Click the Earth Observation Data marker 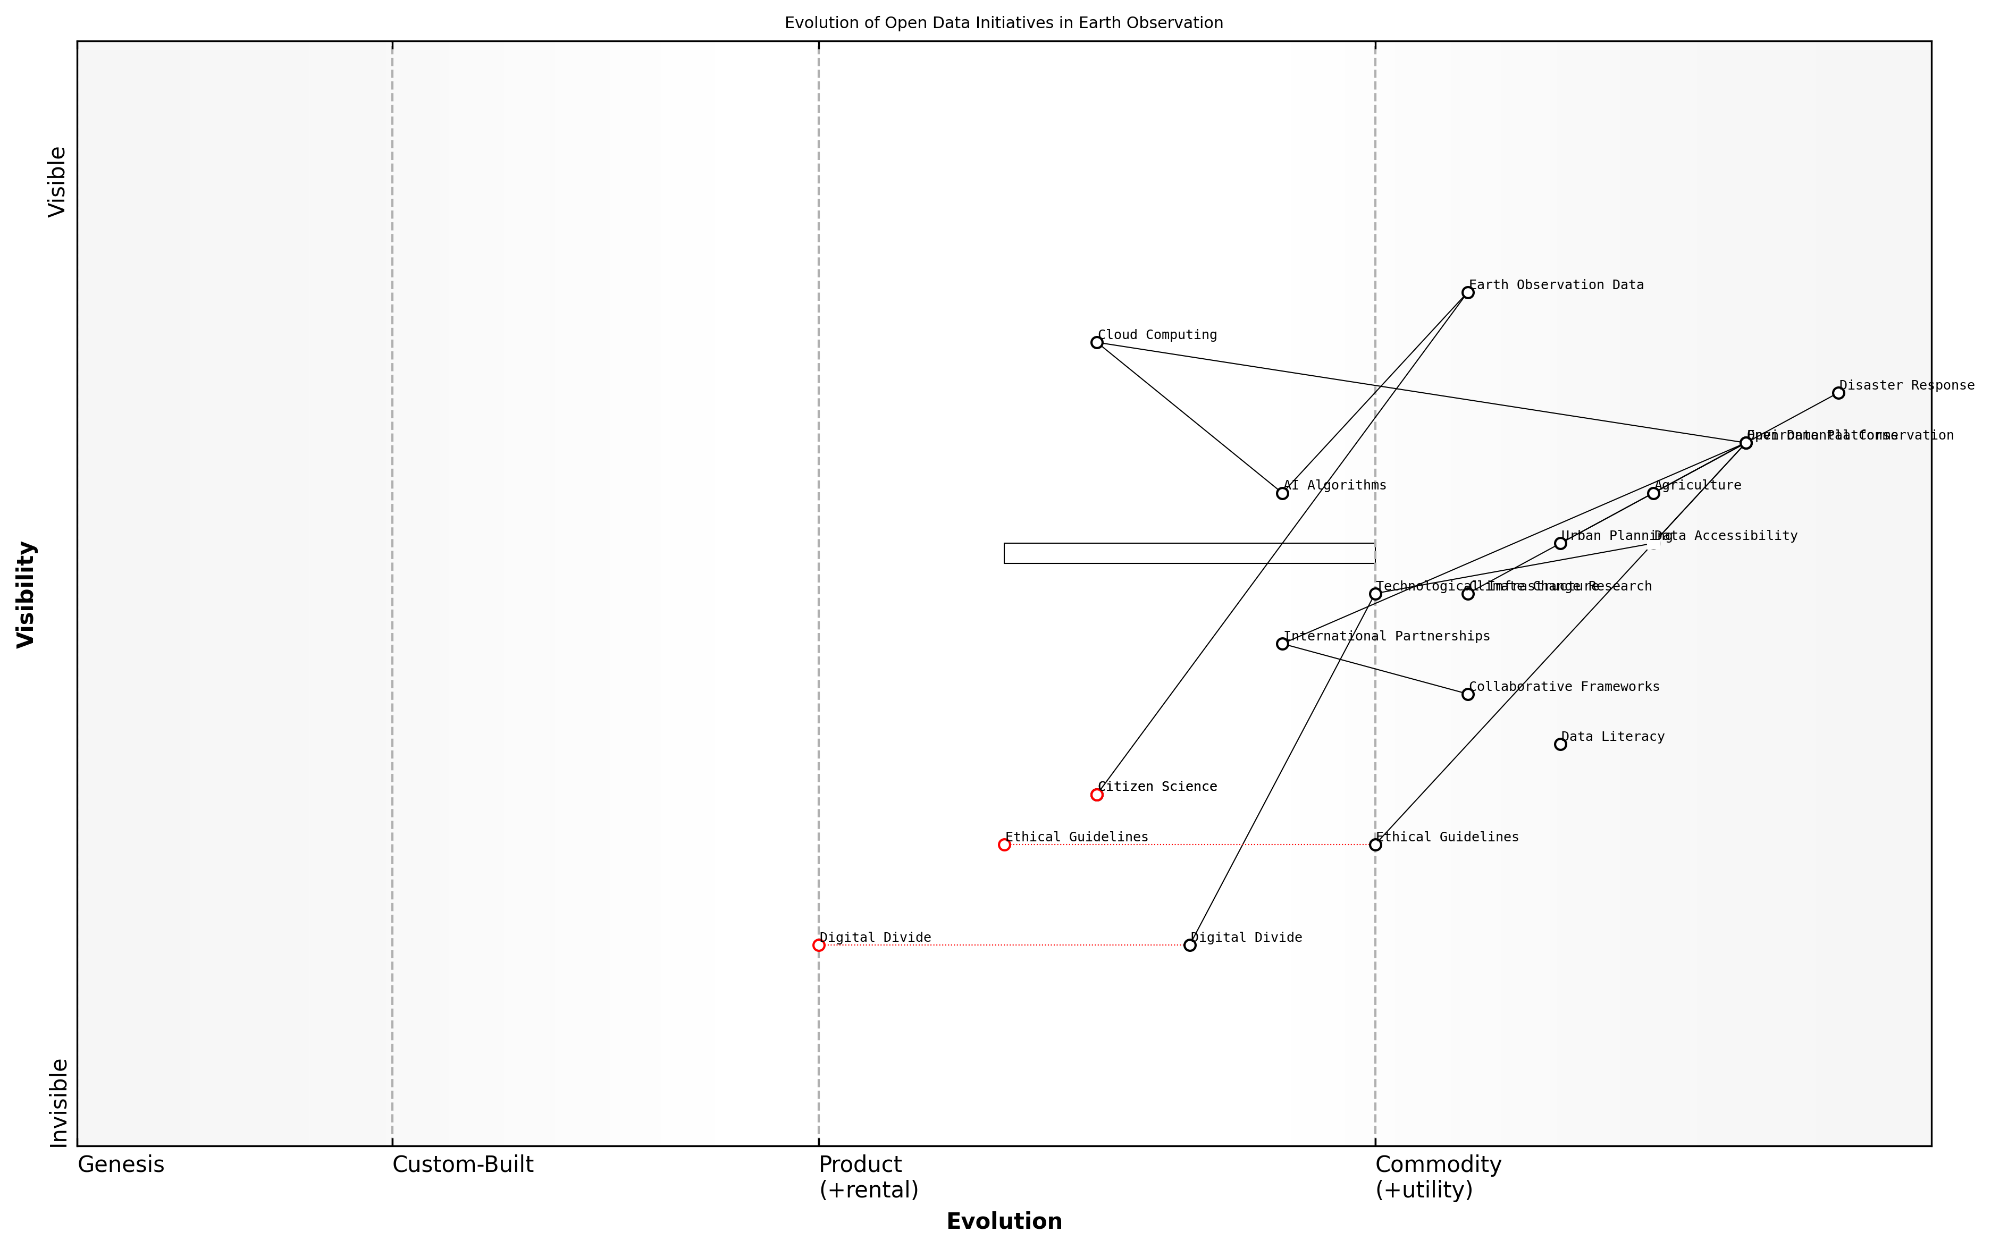click(x=1467, y=292)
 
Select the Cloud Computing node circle click(x=1096, y=342)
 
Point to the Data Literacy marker click(x=1560, y=744)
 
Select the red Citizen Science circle click(x=1096, y=795)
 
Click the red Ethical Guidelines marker click(x=1004, y=844)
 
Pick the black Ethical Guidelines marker click(x=1375, y=844)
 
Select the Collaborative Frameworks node click(x=1467, y=694)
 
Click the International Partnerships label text click(x=1387, y=636)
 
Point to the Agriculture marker click(x=1653, y=493)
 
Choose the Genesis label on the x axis click(x=121, y=1164)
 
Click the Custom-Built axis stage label click(x=463, y=1164)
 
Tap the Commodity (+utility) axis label click(x=1438, y=1176)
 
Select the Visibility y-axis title click(x=27, y=594)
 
